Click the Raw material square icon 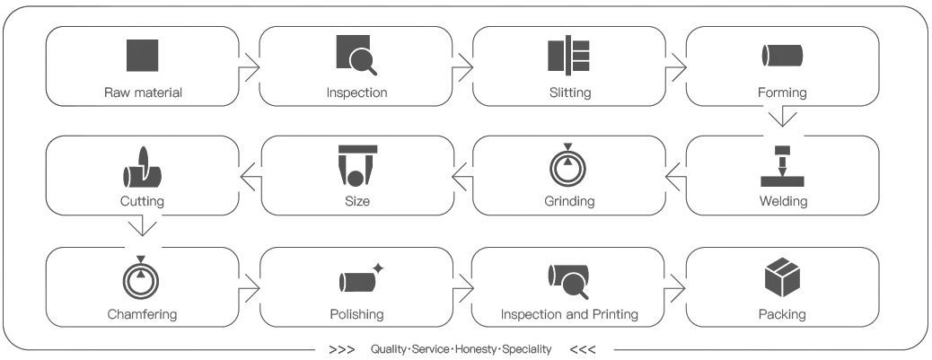(x=142, y=56)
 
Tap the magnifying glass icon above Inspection (x=356, y=56)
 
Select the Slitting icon (x=569, y=56)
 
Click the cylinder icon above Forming (x=782, y=56)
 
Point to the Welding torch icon (x=782, y=166)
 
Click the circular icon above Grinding (x=568, y=166)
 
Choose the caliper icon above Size (x=357, y=166)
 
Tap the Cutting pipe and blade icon (x=142, y=167)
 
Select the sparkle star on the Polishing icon (x=377, y=268)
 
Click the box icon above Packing (x=782, y=277)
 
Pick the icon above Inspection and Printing (x=568, y=280)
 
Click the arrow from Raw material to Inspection (x=250, y=66)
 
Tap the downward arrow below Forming (x=782, y=117)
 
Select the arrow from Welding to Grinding (x=676, y=177)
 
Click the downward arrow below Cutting (x=142, y=225)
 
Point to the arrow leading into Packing (x=675, y=287)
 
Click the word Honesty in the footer (x=475, y=349)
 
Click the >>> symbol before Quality (x=342, y=349)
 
